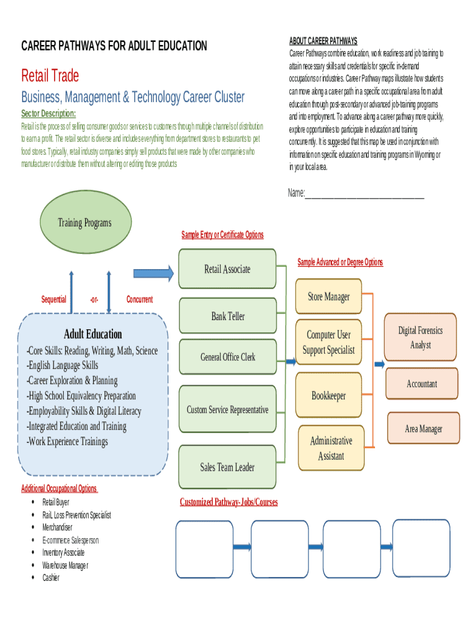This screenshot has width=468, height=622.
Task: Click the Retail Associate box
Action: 227,269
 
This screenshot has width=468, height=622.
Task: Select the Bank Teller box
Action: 228,316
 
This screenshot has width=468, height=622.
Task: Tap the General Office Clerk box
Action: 228,357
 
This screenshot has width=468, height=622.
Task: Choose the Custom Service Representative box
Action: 227,410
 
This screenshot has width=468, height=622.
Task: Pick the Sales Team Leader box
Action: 227,466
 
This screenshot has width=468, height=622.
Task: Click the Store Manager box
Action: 328,296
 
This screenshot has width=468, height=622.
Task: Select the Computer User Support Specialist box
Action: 328,342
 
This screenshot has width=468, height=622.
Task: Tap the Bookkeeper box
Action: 328,395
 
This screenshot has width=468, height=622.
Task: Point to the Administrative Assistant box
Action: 331,448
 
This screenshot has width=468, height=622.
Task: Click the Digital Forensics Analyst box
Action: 420,338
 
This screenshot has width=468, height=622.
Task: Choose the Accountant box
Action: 421,384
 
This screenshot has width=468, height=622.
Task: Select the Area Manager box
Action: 423,429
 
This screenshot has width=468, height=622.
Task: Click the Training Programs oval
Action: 84,223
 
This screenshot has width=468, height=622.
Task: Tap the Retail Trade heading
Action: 50,76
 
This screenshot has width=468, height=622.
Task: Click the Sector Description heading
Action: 49,114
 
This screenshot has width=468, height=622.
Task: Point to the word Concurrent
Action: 139,299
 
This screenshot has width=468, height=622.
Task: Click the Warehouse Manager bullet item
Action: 65,565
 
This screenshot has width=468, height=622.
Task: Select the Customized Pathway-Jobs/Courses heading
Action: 229,502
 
